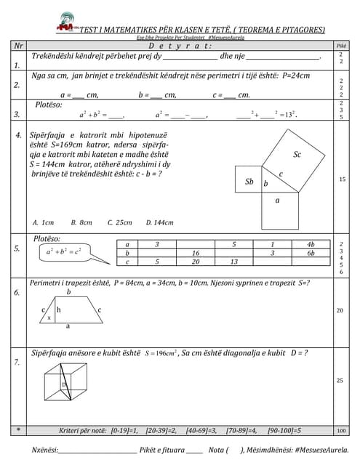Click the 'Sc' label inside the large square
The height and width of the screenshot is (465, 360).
point(297,154)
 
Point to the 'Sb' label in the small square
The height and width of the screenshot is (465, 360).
point(249,182)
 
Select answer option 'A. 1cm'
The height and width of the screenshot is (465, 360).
point(44,222)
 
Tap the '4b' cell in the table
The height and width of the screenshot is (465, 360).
point(311,244)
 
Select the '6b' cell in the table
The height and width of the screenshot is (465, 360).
point(311,253)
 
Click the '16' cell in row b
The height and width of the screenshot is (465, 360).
point(196,253)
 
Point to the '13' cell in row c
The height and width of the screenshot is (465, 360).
point(233,262)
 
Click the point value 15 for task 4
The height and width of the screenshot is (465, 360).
point(341,179)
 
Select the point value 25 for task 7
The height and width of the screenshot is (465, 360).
point(341,380)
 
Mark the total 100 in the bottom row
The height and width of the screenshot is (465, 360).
point(341,430)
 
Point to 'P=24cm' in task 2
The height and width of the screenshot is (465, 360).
point(297,76)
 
